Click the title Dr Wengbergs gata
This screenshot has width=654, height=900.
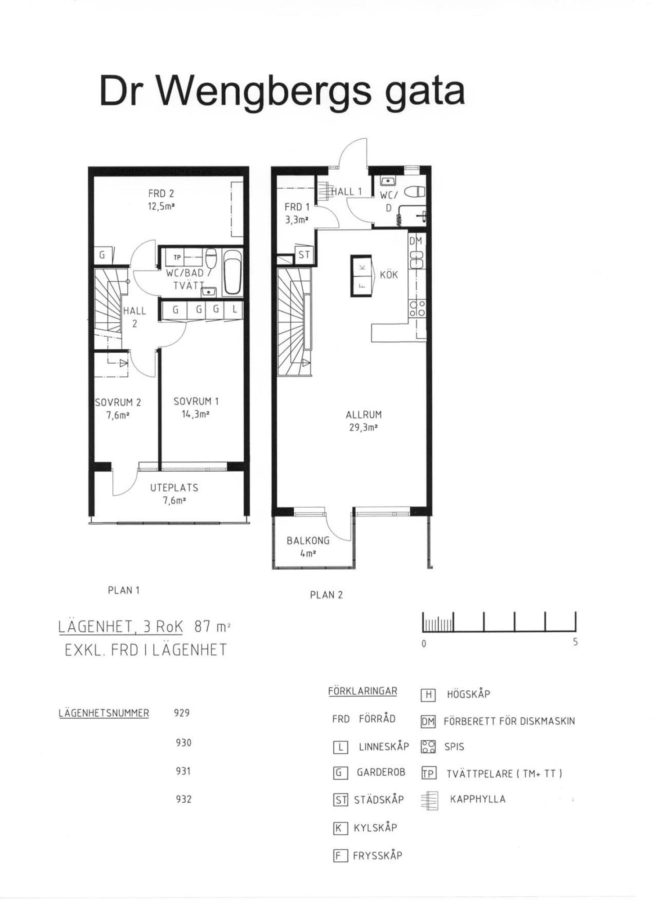coord(282,91)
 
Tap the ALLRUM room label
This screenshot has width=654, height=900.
coord(363,415)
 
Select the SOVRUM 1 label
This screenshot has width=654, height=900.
coord(196,401)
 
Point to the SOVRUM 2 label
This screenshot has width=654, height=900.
coord(118,402)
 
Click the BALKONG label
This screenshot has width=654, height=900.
coord(308,541)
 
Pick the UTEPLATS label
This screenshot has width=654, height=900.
coord(174,488)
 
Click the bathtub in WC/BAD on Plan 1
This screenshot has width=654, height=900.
coord(233,273)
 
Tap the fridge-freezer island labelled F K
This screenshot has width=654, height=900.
coord(362,276)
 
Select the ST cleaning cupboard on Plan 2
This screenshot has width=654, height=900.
coord(304,255)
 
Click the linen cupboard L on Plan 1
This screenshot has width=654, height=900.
coord(234,310)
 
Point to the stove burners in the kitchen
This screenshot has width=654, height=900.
coord(417,308)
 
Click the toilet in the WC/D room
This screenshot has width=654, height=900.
coord(415,192)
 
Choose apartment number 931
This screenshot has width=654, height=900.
coord(183,771)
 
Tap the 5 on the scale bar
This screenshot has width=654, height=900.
coord(575,642)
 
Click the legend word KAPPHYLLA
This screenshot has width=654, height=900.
coord(478,799)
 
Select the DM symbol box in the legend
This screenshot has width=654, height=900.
coord(428,722)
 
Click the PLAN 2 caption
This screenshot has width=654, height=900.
coord(326,595)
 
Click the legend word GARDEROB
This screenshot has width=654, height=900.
coord(381,772)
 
